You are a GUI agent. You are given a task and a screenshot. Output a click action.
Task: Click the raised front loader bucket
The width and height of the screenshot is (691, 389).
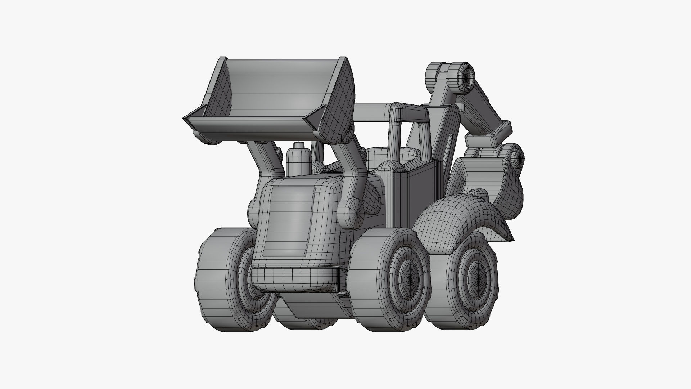point(274,94)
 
